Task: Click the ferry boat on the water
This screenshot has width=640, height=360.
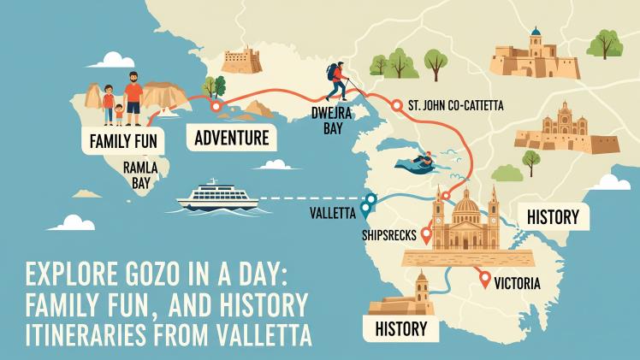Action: (217, 196)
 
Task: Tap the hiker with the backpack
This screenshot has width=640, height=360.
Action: (338, 81)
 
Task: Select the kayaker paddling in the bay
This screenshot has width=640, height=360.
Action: (418, 161)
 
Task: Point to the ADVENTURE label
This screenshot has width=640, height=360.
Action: (231, 137)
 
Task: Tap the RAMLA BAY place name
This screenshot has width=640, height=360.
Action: (139, 174)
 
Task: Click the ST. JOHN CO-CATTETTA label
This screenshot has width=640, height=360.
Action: (456, 105)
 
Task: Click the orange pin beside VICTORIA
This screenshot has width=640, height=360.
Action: (485, 278)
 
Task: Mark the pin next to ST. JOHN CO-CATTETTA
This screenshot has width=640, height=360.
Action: (396, 105)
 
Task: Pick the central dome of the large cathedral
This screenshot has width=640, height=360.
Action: (466, 204)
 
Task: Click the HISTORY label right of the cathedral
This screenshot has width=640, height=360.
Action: (553, 217)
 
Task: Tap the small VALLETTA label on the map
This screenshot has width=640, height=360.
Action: (331, 211)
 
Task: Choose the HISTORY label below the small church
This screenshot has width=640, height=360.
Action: (400, 327)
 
